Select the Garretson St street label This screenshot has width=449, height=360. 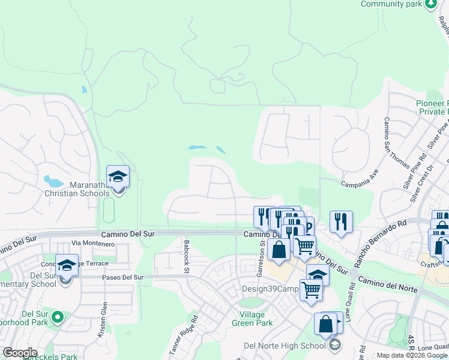coord(261,259)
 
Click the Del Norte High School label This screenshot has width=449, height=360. coord(285,346)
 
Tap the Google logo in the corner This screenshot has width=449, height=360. coord(20,353)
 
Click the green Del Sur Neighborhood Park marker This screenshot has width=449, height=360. coord(58,316)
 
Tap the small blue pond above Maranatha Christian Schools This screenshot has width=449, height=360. coord(83,90)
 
